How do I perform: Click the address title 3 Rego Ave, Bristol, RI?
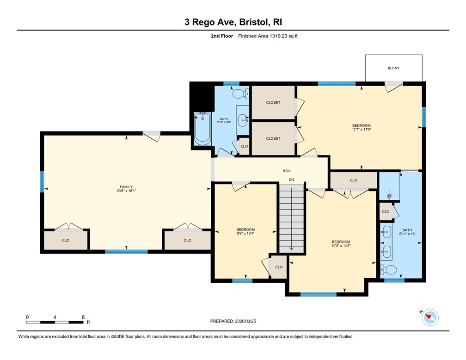click(233, 22)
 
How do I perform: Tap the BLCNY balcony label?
click(393, 68)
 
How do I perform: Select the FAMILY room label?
click(126, 187)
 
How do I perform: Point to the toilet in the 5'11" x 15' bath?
click(391, 270)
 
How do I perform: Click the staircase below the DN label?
click(291, 217)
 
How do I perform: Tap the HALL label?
click(287, 171)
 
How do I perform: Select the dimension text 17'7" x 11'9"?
click(361, 130)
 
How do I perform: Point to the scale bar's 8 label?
click(83, 317)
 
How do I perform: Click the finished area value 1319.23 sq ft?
click(282, 36)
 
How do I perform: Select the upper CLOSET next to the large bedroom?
click(273, 103)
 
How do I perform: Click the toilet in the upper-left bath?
click(239, 94)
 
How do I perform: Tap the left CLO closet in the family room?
click(66, 240)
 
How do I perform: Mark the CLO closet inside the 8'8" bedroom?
click(279, 267)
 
